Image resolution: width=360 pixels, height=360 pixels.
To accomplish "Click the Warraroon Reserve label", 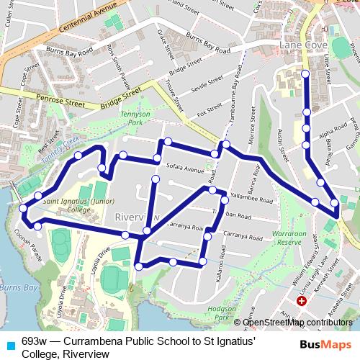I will pos(289,238).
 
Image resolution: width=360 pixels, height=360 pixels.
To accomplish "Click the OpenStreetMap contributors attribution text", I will pos(303,321).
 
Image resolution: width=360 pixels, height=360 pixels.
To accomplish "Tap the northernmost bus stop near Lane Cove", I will pos(305,74).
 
